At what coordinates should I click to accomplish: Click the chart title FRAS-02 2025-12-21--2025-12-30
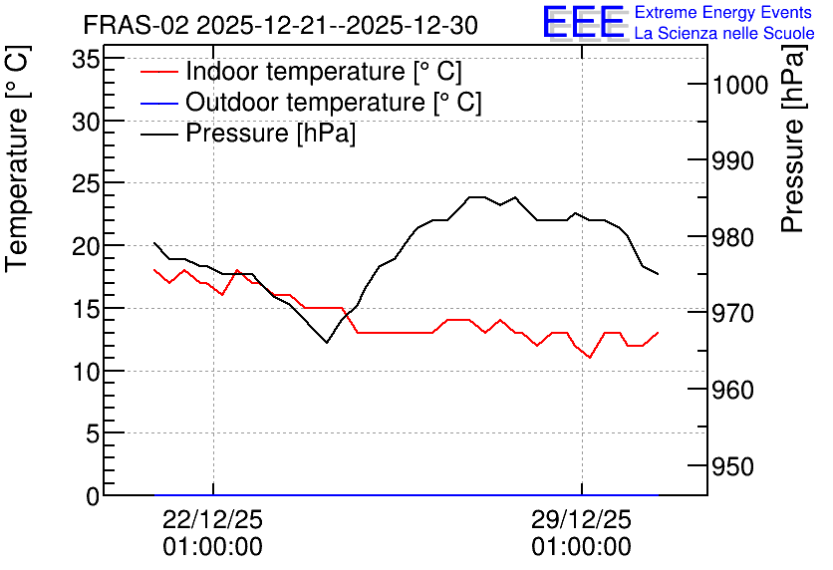point(281,25)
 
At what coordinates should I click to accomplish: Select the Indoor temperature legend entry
point(301,71)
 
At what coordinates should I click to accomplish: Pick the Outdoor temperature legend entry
point(311,102)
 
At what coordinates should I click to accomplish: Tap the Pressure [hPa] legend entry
point(248,133)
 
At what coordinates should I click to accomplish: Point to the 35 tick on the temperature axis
point(86,59)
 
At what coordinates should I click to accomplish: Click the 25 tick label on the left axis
point(86,183)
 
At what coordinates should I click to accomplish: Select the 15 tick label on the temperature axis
point(86,309)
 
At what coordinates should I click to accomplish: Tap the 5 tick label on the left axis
point(93,434)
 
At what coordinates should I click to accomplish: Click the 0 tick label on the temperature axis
point(93,496)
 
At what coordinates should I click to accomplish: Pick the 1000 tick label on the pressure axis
point(740,85)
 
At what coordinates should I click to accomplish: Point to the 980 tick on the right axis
point(733,237)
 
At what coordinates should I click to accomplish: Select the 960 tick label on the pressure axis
point(733,391)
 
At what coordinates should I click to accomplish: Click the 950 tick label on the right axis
point(733,467)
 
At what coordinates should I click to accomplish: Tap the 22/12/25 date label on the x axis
point(212,519)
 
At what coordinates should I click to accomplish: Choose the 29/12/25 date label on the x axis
point(582,519)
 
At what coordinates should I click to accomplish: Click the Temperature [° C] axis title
point(17,159)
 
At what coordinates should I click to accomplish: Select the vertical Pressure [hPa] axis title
point(792,139)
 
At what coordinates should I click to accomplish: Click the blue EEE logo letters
point(584,22)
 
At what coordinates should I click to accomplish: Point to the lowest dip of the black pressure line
point(327,343)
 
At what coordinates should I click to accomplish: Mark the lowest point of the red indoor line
point(590,358)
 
